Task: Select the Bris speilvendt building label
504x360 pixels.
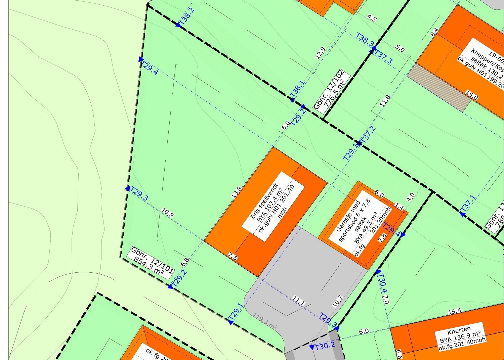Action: pyautogui.click(x=272, y=207)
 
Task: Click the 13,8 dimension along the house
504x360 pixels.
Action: pyautogui.click(x=236, y=192)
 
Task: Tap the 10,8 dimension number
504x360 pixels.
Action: pyautogui.click(x=167, y=213)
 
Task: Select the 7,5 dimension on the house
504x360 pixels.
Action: pyautogui.click(x=233, y=258)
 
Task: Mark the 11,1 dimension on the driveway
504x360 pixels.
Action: pyautogui.click(x=298, y=301)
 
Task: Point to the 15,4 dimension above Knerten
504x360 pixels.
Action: pyautogui.click(x=454, y=312)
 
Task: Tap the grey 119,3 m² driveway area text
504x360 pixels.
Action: pyautogui.click(x=265, y=318)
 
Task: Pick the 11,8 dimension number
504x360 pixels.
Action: pyautogui.click(x=385, y=101)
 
